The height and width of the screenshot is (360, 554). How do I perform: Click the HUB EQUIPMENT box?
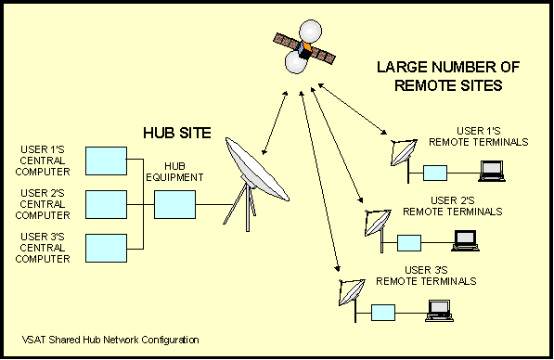174,203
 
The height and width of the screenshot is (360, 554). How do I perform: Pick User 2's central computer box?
104,203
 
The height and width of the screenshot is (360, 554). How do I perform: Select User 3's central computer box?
104,248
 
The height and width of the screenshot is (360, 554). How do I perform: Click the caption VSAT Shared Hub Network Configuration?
111,340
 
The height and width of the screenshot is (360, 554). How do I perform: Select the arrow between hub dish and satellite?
275,121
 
